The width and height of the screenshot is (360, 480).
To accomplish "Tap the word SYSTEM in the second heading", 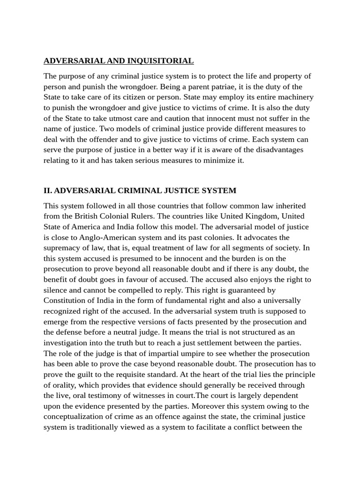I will click(219, 191).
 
